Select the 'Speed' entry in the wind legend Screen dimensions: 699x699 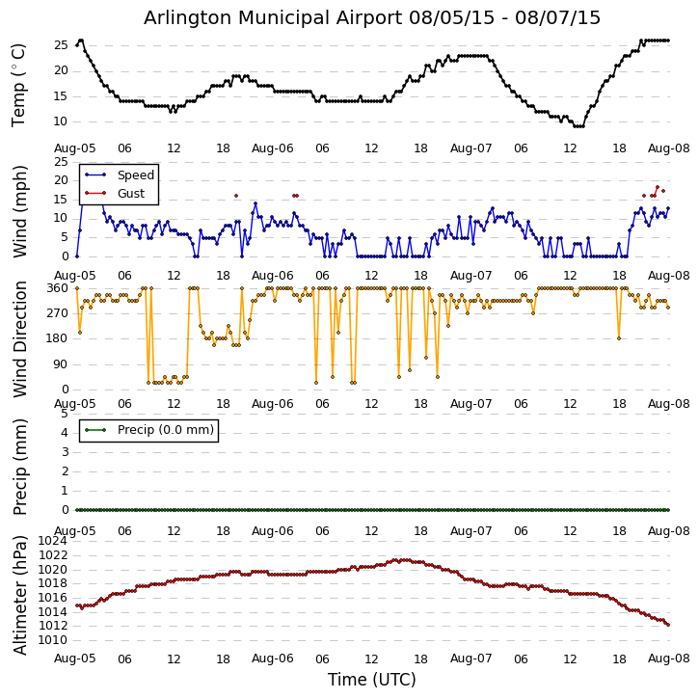click(x=135, y=175)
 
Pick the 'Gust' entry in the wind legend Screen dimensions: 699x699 click(x=133, y=193)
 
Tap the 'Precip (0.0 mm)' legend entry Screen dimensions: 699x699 click(x=161, y=430)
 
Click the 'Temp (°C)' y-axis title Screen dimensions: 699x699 click(x=19, y=84)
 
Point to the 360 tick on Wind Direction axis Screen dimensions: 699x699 click(x=57, y=288)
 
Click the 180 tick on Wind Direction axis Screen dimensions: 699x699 click(x=57, y=338)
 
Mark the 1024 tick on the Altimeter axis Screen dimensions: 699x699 click(x=53, y=541)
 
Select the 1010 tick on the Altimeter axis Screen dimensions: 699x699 click(x=53, y=640)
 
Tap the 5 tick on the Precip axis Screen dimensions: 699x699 click(x=64, y=414)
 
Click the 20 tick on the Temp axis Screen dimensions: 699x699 click(x=60, y=70)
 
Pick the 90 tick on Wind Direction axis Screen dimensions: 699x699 click(x=60, y=364)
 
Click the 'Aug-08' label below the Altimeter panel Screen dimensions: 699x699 click(x=669, y=659)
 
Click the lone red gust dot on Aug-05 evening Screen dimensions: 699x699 click(x=235, y=196)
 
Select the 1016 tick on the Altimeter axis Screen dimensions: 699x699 click(x=53, y=598)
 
